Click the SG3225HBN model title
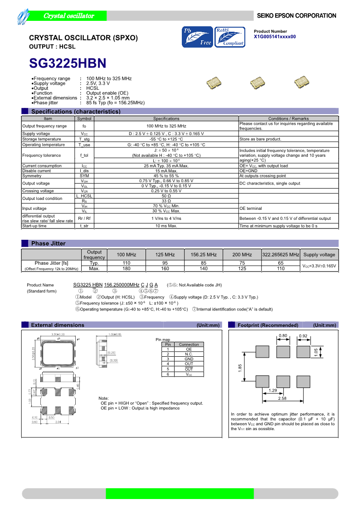[68, 62]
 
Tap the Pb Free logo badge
[197, 37]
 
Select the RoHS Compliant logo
[229, 37]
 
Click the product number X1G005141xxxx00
[275, 37]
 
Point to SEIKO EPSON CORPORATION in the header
[297, 16]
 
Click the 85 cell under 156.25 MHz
[204, 263]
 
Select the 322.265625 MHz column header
[281, 255]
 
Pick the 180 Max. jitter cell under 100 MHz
[126, 269]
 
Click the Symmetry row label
[32, 176]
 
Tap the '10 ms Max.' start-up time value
[166, 226]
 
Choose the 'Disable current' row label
[37, 171]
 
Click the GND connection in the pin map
[189, 359]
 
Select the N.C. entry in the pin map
[189, 354]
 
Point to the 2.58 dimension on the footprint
[282, 398]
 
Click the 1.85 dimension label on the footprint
[240, 368]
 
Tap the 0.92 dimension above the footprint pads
[303, 336]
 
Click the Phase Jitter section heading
[48, 243]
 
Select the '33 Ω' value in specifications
[166, 201]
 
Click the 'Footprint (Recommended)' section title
[268, 325]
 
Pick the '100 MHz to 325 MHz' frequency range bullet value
[109, 78]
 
